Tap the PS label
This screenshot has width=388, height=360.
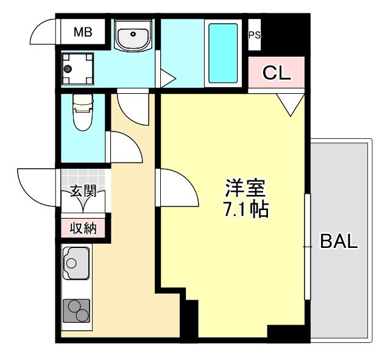pyautogui.click(x=254, y=35)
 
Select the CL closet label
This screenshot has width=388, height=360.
pyautogui.click(x=277, y=73)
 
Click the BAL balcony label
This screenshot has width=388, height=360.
pyautogui.click(x=339, y=241)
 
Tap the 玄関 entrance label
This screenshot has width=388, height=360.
pyautogui.click(x=83, y=191)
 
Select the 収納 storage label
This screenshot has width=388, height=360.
pyautogui.click(x=83, y=228)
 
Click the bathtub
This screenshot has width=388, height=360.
pyautogui.click(x=224, y=53)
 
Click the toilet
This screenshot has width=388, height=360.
pyautogui.click(x=81, y=113)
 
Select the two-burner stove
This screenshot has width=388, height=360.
pyautogui.click(x=77, y=311)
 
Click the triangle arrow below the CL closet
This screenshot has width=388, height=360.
pyautogui.click(x=291, y=104)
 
